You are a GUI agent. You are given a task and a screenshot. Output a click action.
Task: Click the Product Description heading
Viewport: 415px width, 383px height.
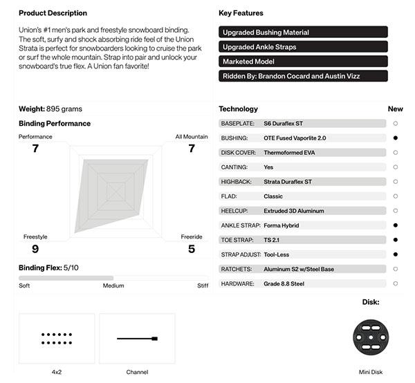pyautogui.click(x=53, y=13)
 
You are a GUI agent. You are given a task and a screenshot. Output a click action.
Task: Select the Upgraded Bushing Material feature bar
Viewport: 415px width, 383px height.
pyautogui.click(x=303, y=32)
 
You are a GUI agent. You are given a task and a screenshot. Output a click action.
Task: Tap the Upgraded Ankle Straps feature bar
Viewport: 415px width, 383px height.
pyautogui.click(x=303, y=47)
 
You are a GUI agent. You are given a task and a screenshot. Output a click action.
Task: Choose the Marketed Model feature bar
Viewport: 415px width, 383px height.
pyautogui.click(x=303, y=62)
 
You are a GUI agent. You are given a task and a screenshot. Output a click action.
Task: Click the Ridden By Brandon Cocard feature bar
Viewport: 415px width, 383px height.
pyautogui.click(x=303, y=76)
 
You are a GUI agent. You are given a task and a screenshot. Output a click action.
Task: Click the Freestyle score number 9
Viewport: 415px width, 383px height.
pyautogui.click(x=35, y=249)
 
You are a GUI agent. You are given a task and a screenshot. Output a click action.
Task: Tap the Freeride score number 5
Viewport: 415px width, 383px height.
pyautogui.click(x=192, y=249)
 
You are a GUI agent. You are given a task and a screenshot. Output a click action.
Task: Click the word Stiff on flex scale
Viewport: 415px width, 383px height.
pyautogui.click(x=203, y=286)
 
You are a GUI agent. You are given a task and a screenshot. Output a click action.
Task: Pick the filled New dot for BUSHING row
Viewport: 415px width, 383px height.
pyautogui.click(x=395, y=138)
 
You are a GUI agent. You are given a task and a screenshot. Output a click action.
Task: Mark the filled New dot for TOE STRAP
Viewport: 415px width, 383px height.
pyautogui.click(x=395, y=240)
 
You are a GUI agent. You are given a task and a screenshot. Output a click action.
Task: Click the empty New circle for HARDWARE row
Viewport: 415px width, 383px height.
pyautogui.click(x=395, y=283)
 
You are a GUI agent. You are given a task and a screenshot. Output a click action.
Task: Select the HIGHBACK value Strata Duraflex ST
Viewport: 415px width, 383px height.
pyautogui.click(x=288, y=182)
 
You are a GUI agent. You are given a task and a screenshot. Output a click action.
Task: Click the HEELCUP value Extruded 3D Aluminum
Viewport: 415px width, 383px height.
pyautogui.click(x=293, y=211)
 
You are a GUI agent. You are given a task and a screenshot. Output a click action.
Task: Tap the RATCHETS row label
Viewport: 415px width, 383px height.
pyautogui.click(x=238, y=269)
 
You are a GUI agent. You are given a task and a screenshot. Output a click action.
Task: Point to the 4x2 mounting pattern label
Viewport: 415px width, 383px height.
pyautogui.click(x=57, y=373)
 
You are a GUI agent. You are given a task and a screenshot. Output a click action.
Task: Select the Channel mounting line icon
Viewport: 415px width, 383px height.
pyautogui.click(x=137, y=339)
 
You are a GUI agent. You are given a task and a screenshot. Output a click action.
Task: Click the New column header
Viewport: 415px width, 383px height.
pyautogui.click(x=395, y=109)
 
